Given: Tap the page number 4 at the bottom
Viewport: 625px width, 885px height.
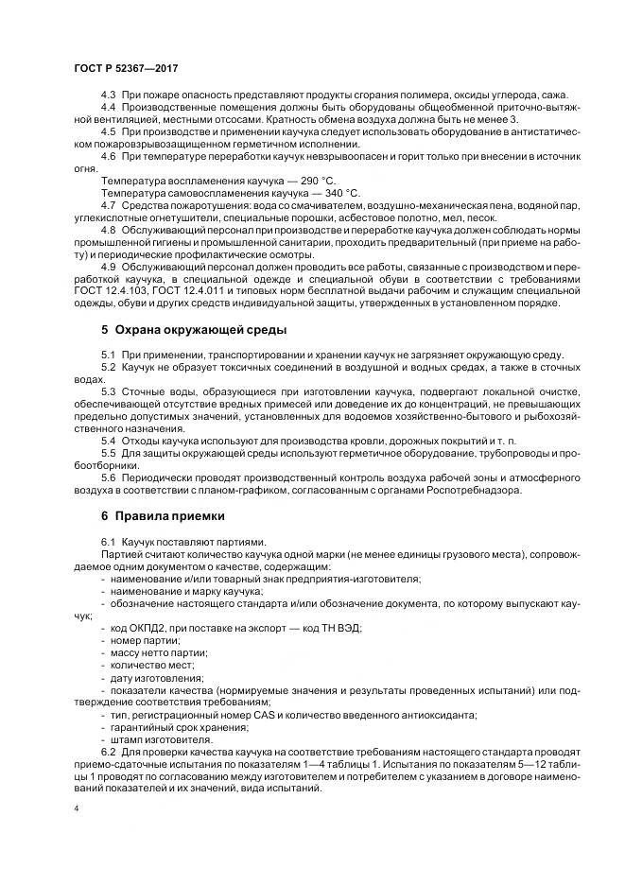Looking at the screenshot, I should tap(76, 808).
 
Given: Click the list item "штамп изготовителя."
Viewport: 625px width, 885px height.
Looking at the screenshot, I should tap(154, 739).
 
